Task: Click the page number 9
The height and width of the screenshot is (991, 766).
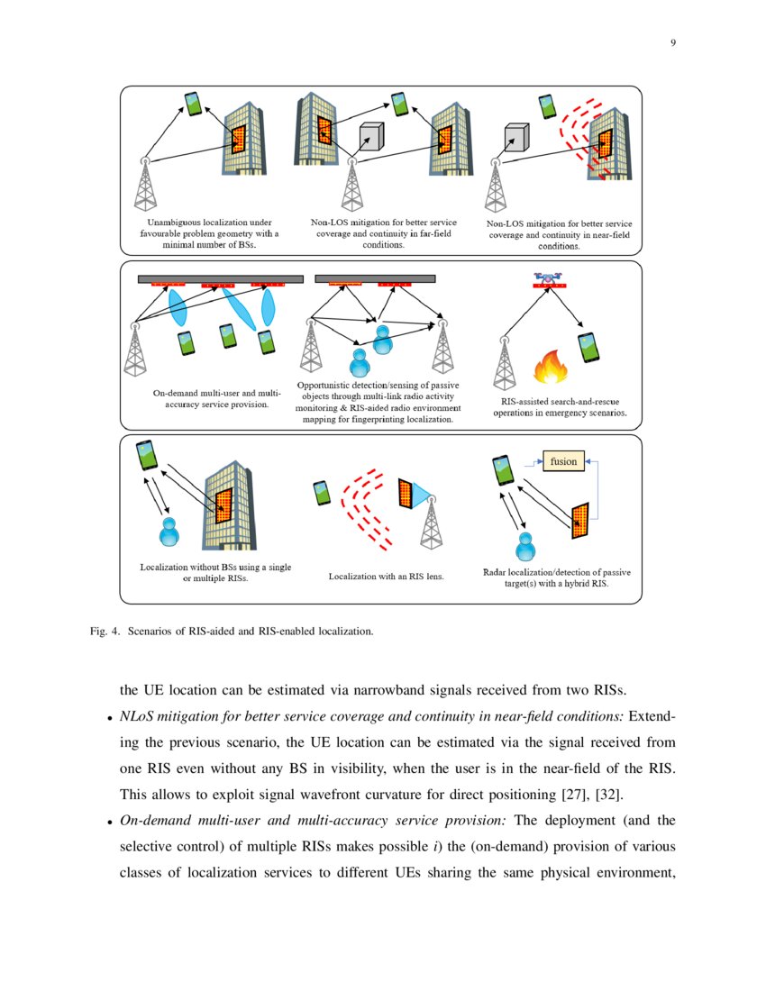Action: [672, 43]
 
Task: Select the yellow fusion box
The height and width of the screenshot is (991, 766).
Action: [563, 461]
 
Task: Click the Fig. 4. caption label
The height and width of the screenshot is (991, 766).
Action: [134, 632]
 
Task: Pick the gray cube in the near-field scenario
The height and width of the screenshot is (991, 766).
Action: [515, 138]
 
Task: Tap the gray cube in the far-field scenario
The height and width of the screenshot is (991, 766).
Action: [371, 135]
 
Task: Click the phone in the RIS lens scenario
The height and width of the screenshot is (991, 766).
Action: [320, 494]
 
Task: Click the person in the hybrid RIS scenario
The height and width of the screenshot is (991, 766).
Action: [524, 546]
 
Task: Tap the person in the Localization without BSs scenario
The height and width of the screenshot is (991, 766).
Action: [168, 531]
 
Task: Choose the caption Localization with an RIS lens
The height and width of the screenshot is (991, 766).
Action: [387, 575]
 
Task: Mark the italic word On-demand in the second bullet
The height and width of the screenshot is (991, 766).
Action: [153, 822]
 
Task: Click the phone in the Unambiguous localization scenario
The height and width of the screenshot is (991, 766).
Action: [193, 104]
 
